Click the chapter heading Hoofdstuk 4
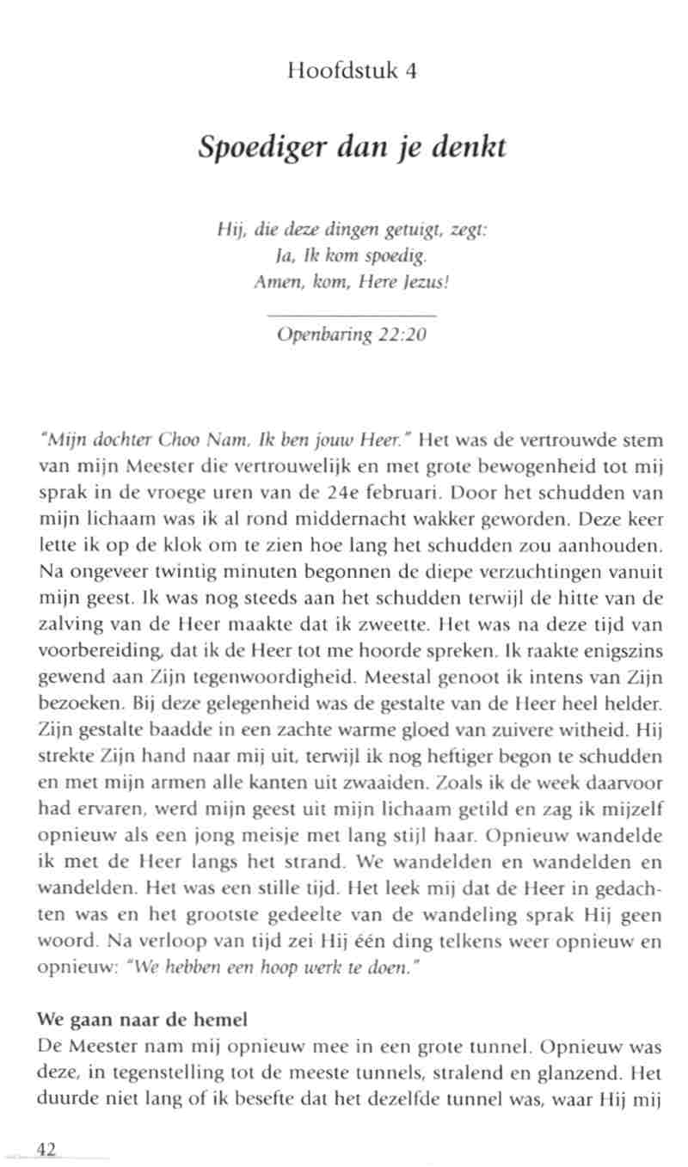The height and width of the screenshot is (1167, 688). [353, 71]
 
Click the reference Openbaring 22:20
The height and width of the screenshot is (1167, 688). [352, 335]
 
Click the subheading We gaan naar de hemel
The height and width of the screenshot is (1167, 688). [143, 1020]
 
